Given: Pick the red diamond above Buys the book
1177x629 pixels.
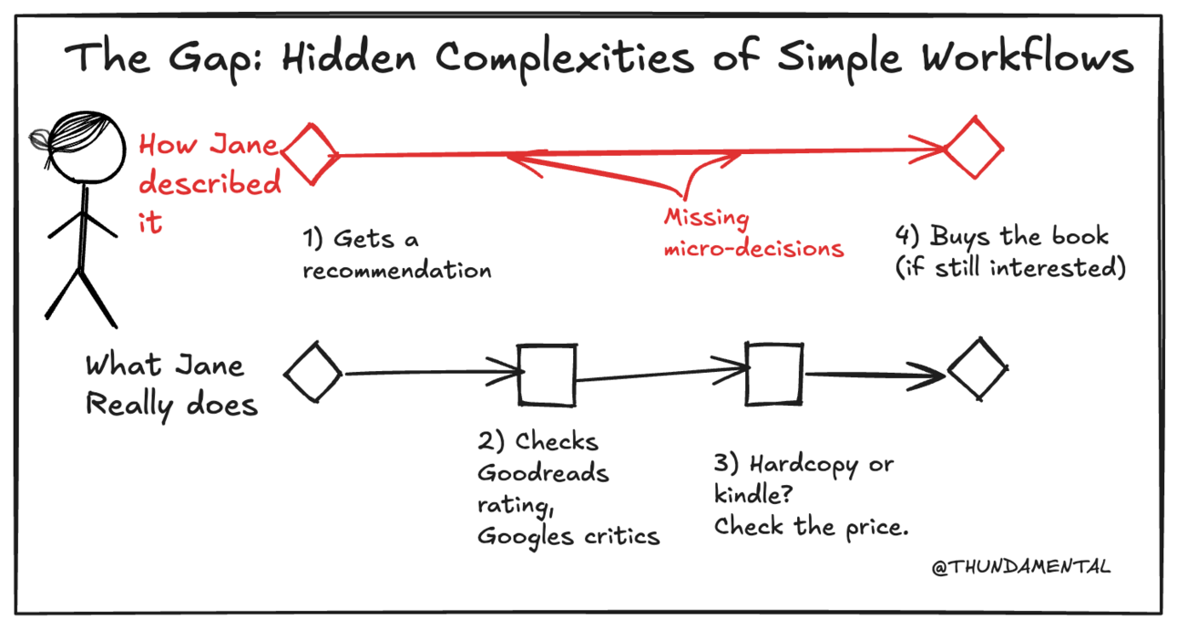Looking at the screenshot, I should [x=973, y=148].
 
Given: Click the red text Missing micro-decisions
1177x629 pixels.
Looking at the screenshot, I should [x=752, y=233].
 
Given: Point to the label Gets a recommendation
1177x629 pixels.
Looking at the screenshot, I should [x=396, y=254].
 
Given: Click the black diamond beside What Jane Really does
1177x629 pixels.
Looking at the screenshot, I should [x=312, y=372].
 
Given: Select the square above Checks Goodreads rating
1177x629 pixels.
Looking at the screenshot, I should [x=547, y=374].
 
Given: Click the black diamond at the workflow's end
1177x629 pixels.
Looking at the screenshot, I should [x=977, y=368].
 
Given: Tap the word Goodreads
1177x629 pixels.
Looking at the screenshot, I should [x=543, y=474].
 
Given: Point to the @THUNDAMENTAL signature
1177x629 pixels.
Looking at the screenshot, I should [x=1021, y=567].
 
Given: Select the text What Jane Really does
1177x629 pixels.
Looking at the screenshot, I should [x=170, y=385].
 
